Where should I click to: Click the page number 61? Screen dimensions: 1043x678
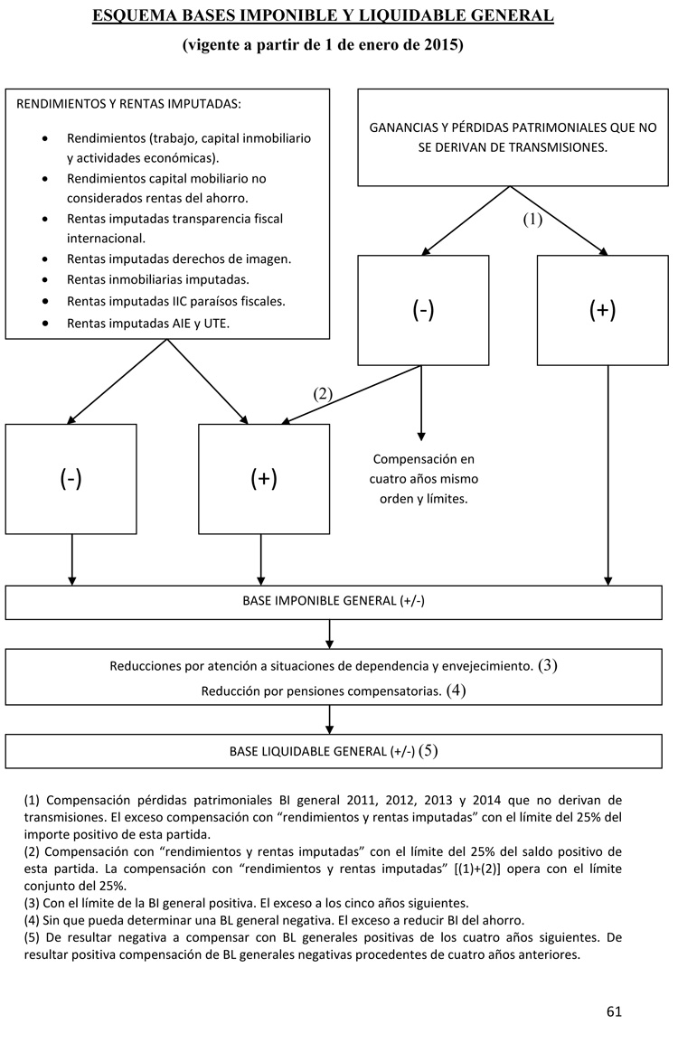pos(614,1011)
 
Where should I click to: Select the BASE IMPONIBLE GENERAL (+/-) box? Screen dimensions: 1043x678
pos(329,602)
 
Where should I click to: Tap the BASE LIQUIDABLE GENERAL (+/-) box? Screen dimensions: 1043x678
pos(329,751)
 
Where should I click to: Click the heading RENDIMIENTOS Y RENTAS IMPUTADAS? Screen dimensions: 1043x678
pos(129,103)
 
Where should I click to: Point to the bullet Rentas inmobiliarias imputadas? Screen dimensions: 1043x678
pos(158,279)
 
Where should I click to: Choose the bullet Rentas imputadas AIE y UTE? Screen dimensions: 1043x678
pos(148,323)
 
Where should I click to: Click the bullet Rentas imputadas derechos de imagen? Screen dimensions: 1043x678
pos(179,259)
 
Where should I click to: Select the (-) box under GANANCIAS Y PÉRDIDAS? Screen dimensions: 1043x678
pos(423,310)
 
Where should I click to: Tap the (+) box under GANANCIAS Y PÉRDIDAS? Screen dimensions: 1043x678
pos(602,310)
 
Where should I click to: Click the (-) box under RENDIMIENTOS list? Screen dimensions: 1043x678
pos(71,479)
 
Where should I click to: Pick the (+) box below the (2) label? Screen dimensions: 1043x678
pos(264,479)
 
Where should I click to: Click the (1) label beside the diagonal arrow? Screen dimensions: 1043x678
pos(532,219)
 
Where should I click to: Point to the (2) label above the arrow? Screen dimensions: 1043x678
pos(323,393)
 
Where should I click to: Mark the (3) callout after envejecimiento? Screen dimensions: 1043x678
pos(548,666)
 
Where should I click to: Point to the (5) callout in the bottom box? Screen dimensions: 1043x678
pos(428,751)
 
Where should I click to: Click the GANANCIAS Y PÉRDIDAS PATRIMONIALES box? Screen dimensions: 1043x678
pos(513,136)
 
